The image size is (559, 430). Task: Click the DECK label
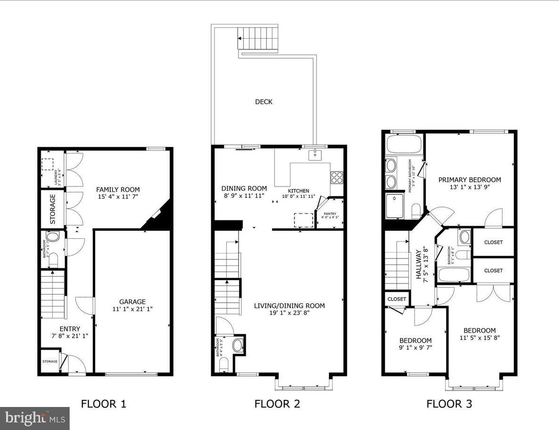[264, 102]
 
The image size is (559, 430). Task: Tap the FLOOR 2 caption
[277, 403]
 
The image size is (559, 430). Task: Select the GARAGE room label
[132, 302]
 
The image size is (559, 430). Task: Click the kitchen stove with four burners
[337, 177]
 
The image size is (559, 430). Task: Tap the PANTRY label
[330, 214]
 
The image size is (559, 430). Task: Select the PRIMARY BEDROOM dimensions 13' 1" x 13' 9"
[470, 187]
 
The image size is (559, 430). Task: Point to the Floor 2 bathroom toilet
[224, 364]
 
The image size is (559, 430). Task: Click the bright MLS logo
[35, 418]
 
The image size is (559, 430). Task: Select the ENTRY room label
[70, 329]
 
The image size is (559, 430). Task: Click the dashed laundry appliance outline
[48, 164]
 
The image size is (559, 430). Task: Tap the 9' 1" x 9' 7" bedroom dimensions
[415, 348]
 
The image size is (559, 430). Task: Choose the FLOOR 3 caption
[449, 403]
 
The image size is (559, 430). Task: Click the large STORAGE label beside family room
[53, 208]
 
